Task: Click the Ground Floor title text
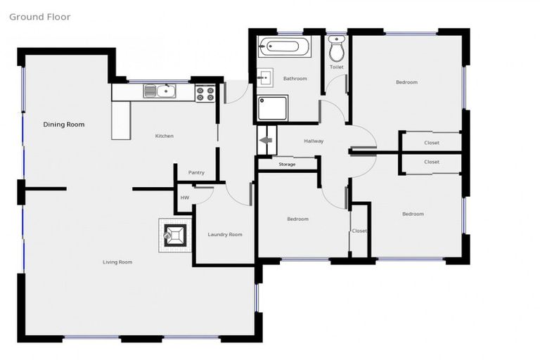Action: click(39, 17)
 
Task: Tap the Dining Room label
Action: click(64, 124)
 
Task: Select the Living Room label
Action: click(117, 262)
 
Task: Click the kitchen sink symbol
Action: click(161, 90)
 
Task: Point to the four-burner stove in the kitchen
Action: click(205, 93)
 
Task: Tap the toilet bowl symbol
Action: click(337, 50)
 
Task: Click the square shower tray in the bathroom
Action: click(273, 109)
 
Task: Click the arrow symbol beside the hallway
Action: click(267, 141)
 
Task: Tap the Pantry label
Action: click(196, 172)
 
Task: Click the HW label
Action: click(184, 198)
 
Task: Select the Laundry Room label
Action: click(225, 234)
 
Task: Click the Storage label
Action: click(287, 165)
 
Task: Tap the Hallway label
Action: click(314, 141)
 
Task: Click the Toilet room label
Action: click(336, 67)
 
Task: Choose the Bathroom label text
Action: click(295, 79)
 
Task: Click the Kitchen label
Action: click(165, 136)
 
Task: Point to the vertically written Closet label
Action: click(359, 231)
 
